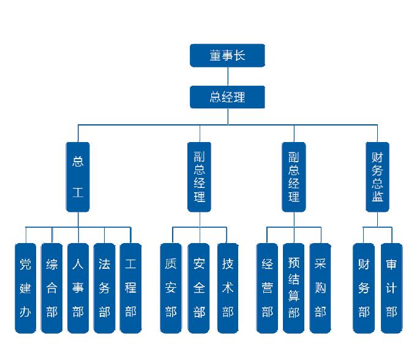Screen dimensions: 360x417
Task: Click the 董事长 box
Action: point(227,56)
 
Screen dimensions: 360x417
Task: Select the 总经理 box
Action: point(227,97)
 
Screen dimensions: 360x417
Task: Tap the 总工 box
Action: point(78,177)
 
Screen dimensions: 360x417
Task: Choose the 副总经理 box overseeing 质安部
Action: point(199,177)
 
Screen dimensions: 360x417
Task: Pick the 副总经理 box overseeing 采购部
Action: point(294,177)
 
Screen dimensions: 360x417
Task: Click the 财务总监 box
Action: point(377,177)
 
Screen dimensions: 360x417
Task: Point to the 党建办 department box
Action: point(25,288)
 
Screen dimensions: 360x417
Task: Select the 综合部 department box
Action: point(51,288)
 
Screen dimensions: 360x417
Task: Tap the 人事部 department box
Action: point(78,288)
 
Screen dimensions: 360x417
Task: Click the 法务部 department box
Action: point(104,288)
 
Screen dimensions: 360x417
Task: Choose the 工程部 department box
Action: point(130,288)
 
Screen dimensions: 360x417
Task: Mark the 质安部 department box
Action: point(171,288)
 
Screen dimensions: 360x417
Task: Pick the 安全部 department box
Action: point(199,288)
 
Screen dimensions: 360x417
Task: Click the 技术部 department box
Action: point(228,288)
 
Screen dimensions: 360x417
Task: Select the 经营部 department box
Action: point(267,288)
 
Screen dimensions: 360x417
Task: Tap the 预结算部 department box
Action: point(294,288)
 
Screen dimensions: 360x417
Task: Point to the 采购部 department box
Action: point(320,288)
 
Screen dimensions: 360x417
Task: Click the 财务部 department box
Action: point(364,288)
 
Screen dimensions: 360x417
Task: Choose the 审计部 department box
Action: point(391,288)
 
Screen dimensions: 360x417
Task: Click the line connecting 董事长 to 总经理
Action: point(228,76)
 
